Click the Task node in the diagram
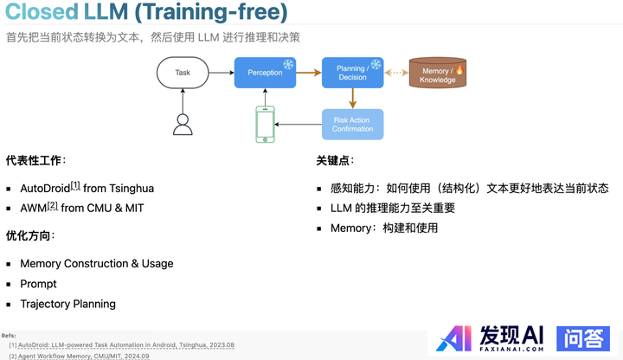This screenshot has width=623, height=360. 183,73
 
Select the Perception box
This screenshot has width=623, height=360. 265,73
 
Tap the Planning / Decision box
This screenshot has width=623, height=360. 352,73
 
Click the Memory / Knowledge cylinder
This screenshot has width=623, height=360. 437,74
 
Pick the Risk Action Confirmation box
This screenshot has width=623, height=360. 352,125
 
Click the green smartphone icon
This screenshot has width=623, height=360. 265,125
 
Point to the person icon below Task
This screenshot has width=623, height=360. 183,125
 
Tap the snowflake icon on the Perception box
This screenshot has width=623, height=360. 288,64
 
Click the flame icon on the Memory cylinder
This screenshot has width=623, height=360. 459,68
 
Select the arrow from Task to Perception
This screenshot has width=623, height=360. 222,73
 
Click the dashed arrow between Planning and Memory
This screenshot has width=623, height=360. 396,73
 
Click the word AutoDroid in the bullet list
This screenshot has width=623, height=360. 43,188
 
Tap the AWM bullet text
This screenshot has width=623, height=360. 33,209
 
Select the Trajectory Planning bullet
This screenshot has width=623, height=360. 67,304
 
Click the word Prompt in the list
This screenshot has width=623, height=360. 38,284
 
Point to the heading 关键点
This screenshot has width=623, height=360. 334,161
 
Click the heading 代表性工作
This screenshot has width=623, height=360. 35,161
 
